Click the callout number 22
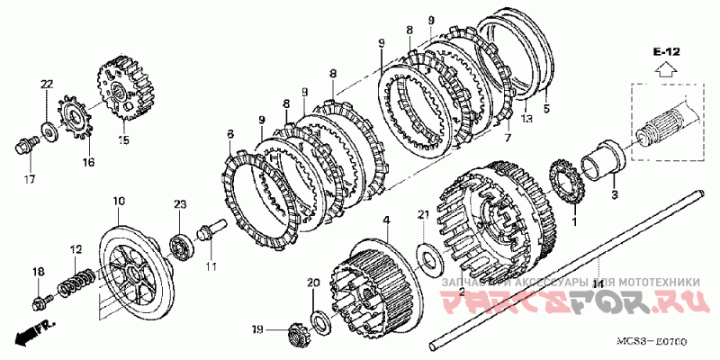pyautogui.click(x=46, y=84)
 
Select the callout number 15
pyautogui.click(x=123, y=139)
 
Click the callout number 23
pyautogui.click(x=179, y=205)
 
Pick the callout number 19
pyautogui.click(x=257, y=329)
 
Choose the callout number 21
pyautogui.click(x=424, y=213)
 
